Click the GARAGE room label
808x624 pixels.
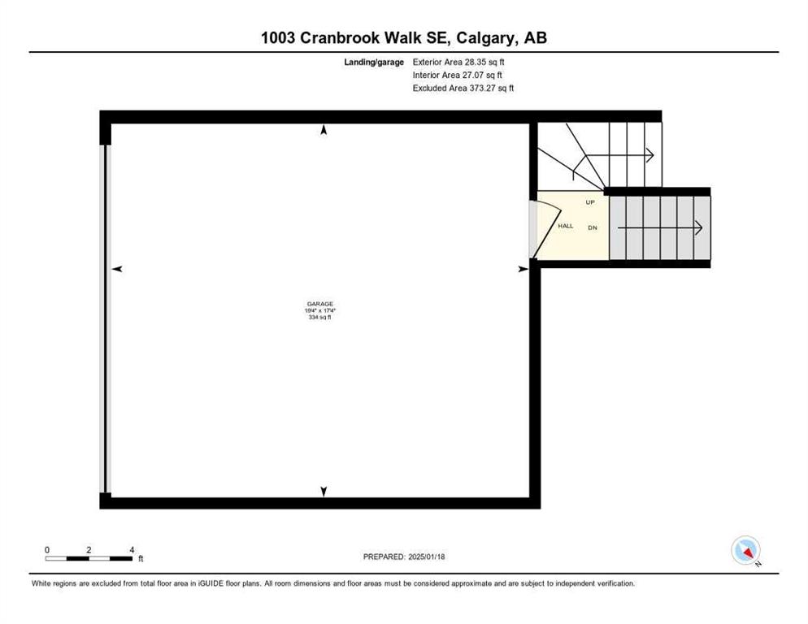tap(320, 304)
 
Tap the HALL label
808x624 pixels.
tap(565, 226)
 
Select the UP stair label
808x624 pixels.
tap(590, 202)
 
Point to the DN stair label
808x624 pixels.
tap(593, 227)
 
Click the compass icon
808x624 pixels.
tap(745, 550)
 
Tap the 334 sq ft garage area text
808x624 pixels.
tap(320, 318)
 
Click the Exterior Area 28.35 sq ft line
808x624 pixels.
tap(458, 62)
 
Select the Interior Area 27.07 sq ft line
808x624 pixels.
tap(457, 76)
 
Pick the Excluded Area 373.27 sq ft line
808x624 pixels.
tap(463, 88)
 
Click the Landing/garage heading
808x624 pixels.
tap(374, 63)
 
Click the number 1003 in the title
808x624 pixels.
tap(278, 37)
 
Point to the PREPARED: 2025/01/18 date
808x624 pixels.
tap(404, 557)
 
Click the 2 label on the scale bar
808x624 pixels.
tap(89, 550)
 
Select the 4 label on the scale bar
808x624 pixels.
tap(132, 550)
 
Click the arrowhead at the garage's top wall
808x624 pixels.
tap(324, 130)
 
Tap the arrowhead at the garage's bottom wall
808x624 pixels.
tap(324, 492)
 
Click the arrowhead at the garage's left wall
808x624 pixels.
tap(118, 269)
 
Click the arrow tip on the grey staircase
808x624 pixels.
tap(702, 227)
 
